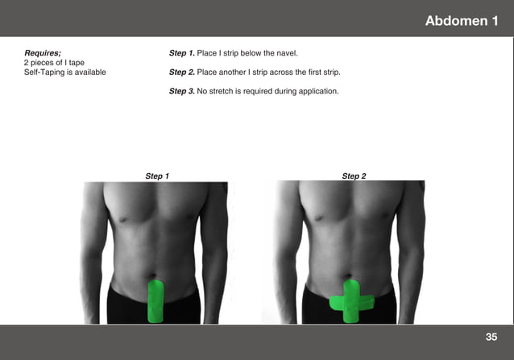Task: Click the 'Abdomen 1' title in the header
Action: point(461,20)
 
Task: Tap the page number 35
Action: point(491,336)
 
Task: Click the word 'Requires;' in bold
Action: point(43,53)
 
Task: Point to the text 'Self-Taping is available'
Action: point(64,72)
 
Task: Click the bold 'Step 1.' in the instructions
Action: point(181,53)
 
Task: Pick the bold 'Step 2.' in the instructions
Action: point(181,72)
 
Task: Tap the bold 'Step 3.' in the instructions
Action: point(181,91)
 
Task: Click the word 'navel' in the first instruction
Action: point(286,53)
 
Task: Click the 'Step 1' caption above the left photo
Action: point(157,176)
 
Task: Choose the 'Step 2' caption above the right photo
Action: point(354,176)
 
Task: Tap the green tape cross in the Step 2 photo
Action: point(352,303)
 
